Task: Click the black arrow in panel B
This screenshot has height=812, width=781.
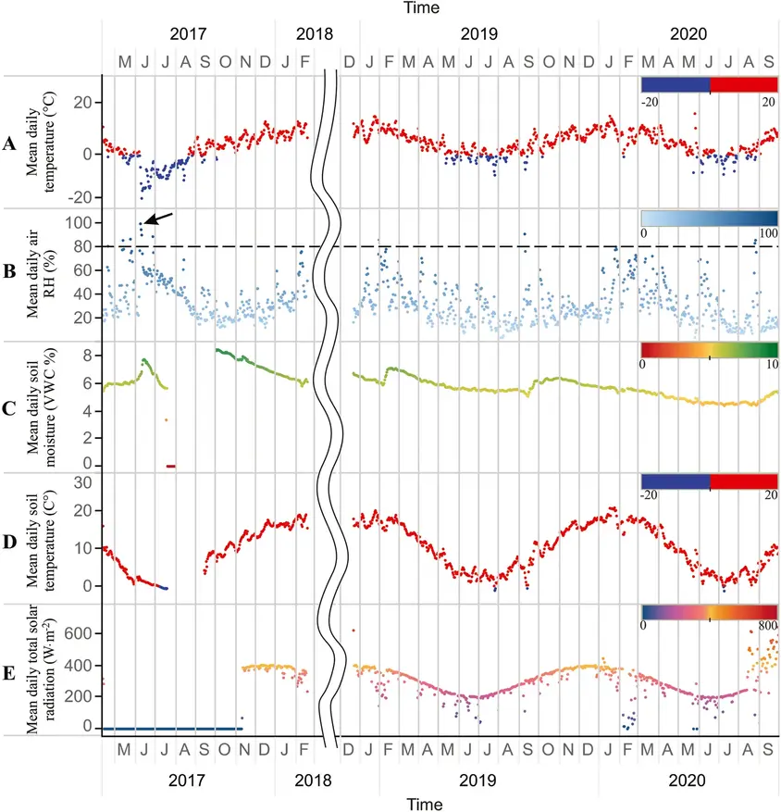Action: click(x=160, y=219)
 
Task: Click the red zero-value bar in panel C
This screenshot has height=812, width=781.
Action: click(x=170, y=465)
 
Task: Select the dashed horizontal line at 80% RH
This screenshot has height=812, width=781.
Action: click(x=463, y=246)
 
